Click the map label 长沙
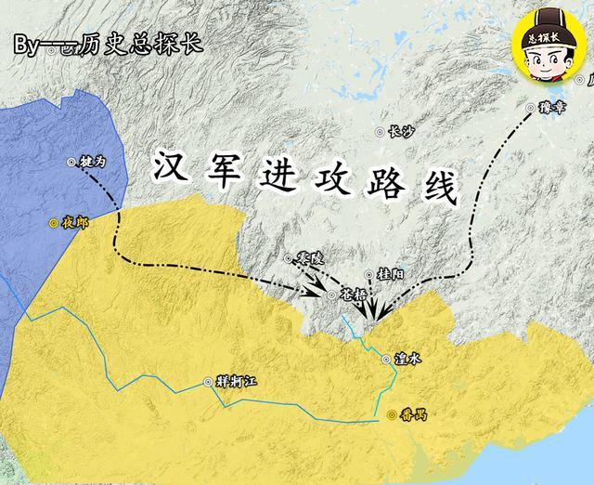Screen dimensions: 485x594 [399, 132]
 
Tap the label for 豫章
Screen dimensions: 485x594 [551, 108]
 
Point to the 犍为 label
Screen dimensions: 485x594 [93, 162]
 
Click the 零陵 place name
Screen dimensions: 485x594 [311, 257]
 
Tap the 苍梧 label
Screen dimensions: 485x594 [354, 295]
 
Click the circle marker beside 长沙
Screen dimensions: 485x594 [380, 132]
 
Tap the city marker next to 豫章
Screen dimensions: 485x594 [531, 108]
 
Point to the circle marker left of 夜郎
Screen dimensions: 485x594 [55, 223]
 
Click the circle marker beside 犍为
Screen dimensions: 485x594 [72, 162]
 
